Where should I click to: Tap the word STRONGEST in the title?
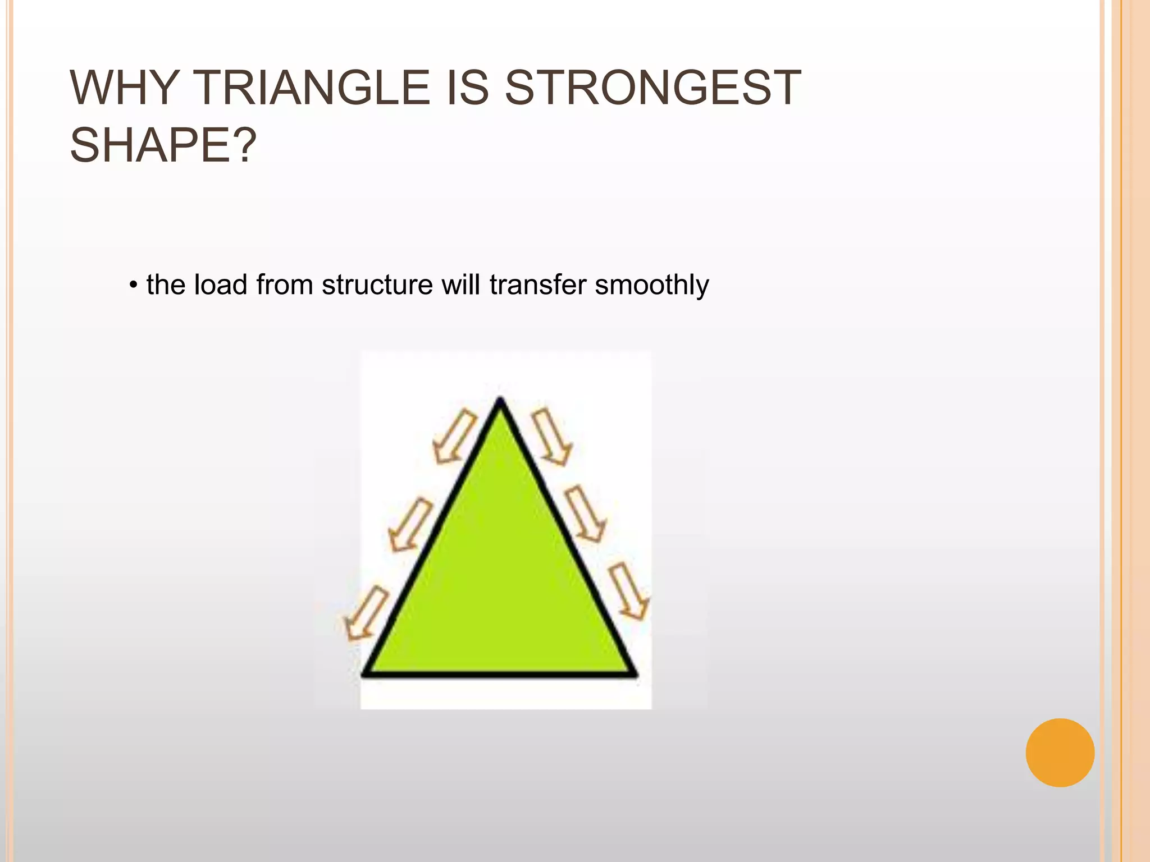[x=652, y=88]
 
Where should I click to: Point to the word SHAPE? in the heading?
[x=163, y=145]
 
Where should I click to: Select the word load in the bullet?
[x=220, y=285]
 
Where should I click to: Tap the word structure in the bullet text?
[x=377, y=285]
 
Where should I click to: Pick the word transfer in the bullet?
[x=538, y=285]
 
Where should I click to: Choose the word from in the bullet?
[x=284, y=285]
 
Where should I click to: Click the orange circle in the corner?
[x=1060, y=753]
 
